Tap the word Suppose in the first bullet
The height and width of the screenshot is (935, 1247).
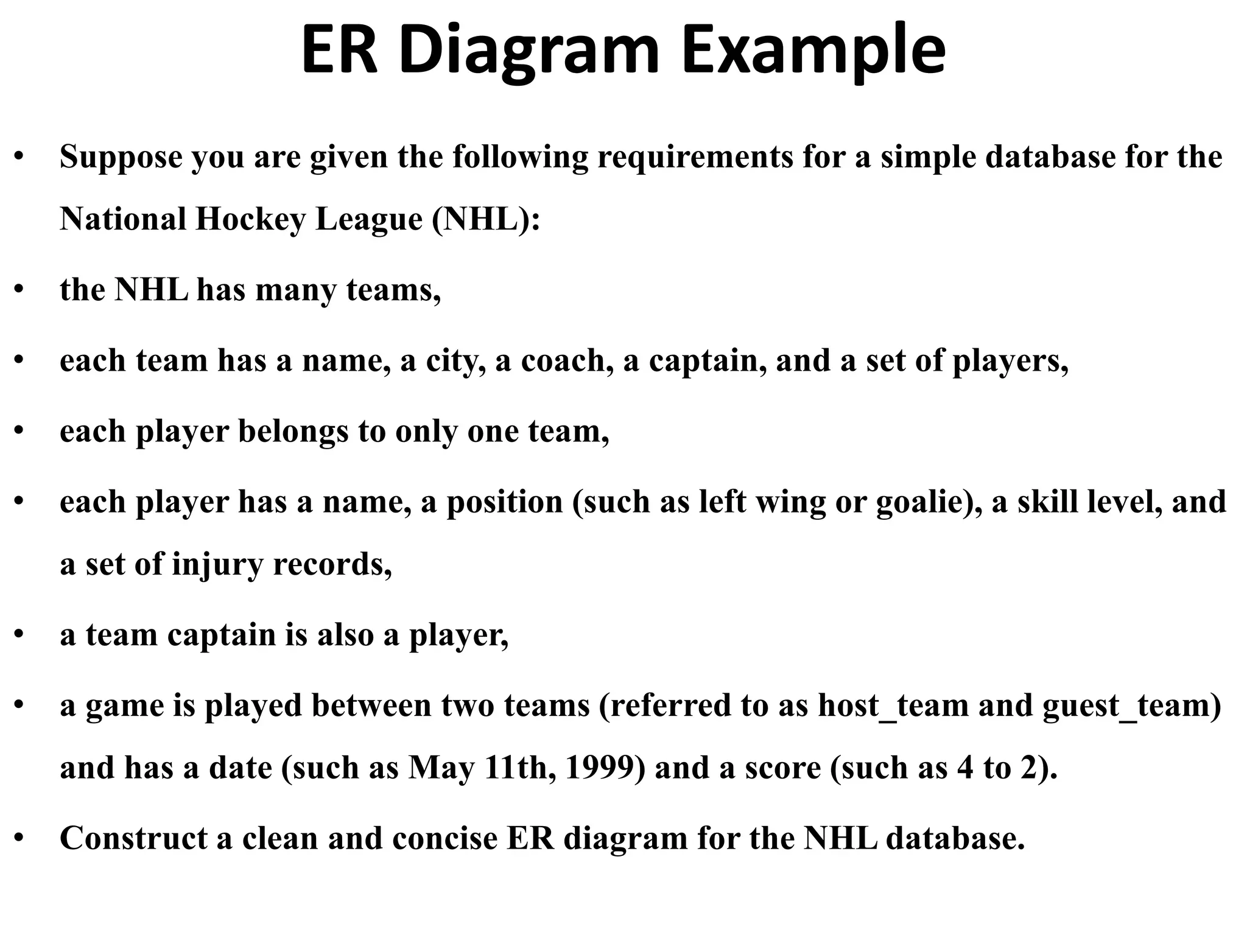click(x=121, y=158)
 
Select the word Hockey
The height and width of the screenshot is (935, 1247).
click(x=250, y=219)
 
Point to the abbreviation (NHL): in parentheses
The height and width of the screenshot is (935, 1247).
click(x=486, y=219)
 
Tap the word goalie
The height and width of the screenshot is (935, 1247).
click(x=925, y=503)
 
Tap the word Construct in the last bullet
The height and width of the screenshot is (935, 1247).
click(x=133, y=838)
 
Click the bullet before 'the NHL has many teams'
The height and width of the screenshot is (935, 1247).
click(x=20, y=290)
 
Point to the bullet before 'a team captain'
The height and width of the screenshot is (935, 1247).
click(x=20, y=635)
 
